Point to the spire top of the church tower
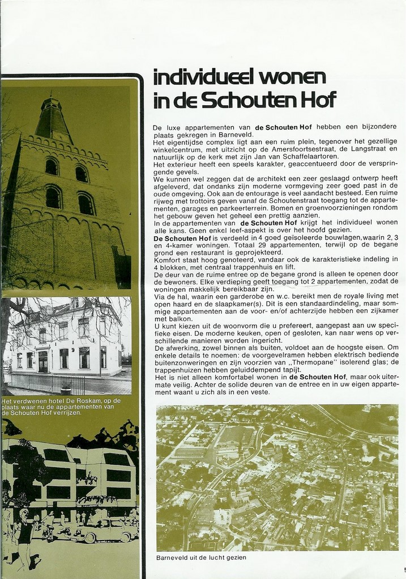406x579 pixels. [51, 100]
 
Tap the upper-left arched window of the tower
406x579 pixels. [52, 166]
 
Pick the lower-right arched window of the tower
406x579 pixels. [86, 204]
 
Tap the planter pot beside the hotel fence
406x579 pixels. [66, 388]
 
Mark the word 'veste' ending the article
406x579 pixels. [257, 391]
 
